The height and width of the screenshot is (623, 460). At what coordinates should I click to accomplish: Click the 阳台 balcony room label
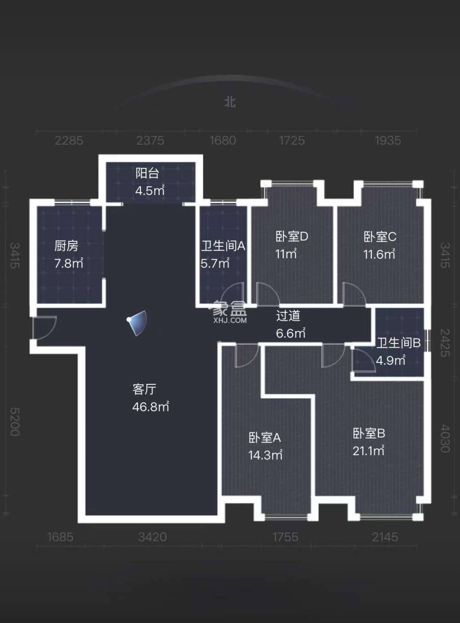coord(148,173)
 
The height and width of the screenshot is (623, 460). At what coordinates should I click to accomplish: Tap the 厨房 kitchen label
coord(66,246)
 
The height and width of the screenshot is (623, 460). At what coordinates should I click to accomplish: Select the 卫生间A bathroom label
coord(223,246)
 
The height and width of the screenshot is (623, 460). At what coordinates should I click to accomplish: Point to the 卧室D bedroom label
coord(292,237)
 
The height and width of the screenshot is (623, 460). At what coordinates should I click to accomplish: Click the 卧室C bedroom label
coord(380,237)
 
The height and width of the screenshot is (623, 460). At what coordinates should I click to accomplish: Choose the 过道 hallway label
coord(288,315)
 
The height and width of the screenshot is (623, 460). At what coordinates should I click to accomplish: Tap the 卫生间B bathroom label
coord(398,343)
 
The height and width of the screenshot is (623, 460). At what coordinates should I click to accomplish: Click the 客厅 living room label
coord(144,389)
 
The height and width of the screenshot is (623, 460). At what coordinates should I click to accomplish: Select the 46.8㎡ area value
coord(150,407)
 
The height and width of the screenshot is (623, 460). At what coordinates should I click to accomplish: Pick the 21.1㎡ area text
coord(368,451)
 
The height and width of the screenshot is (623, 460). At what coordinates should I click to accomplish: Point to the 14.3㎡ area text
coord(265,455)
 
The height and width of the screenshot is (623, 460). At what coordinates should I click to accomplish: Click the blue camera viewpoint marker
coord(138,322)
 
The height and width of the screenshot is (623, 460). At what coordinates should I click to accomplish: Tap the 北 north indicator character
coord(230,102)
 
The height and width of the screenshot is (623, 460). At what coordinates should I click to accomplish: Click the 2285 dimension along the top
coord(69,141)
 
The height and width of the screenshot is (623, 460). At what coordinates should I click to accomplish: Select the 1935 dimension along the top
coord(388,141)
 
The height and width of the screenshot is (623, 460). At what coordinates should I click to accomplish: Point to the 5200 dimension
coord(15,421)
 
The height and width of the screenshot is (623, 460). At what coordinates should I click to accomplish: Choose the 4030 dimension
coord(445,438)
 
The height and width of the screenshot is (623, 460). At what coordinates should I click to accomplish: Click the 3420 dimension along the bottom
coord(152,537)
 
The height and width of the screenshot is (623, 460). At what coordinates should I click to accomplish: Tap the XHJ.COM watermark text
coord(230,320)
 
